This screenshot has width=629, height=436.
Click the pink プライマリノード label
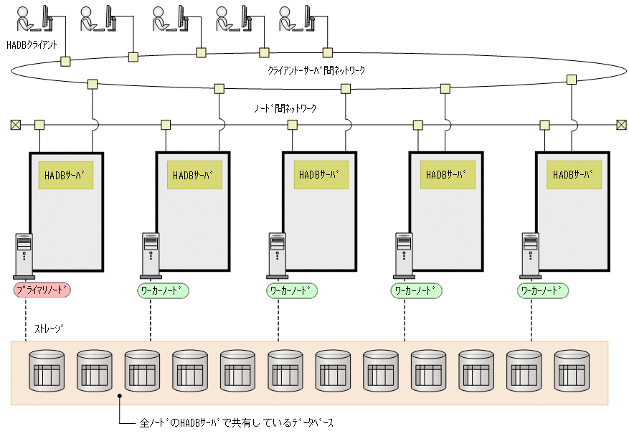pyautogui.click(x=42, y=290)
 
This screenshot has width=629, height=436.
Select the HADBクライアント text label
pyautogui.click(x=32, y=44)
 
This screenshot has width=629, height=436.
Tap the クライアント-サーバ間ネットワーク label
pyautogui.click(x=316, y=70)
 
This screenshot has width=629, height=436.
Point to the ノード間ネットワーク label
pyautogui.click(x=285, y=108)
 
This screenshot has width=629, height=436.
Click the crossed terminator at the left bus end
pyautogui.click(x=15, y=125)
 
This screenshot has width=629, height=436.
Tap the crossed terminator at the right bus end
pyautogui.click(x=621, y=125)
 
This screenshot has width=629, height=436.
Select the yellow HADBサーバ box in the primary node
pyautogui.click(x=66, y=175)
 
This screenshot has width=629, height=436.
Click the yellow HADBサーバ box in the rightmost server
pyautogui.click(x=574, y=175)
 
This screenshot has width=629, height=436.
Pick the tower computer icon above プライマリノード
pyautogui.click(x=24, y=255)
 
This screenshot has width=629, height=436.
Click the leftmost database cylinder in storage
pyautogui.click(x=46, y=371)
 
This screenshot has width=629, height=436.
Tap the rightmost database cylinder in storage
pyautogui.click(x=571, y=371)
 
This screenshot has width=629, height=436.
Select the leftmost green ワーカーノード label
pyautogui.click(x=163, y=290)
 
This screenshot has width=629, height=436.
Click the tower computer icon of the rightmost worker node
pyautogui.click(x=530, y=255)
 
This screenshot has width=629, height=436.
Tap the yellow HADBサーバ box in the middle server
pyautogui.click(x=321, y=175)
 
